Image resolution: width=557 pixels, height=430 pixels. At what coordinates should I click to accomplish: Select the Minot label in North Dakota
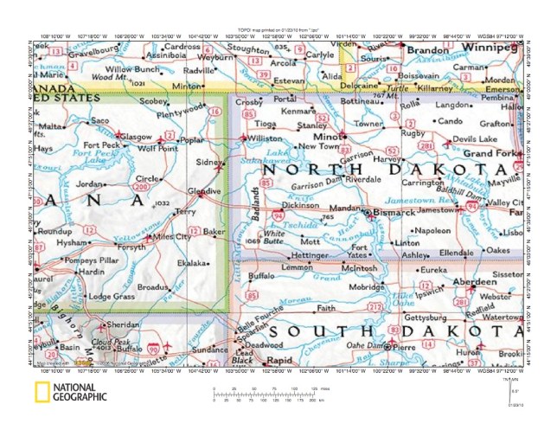tap(325, 137)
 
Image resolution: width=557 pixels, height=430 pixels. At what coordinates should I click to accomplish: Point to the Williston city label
tap(265, 138)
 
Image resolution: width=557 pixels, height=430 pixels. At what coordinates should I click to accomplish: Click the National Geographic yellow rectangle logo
tap(41, 395)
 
